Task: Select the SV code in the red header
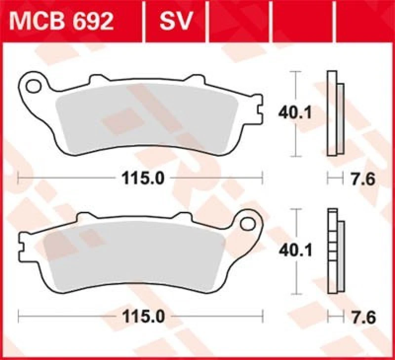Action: point(175,22)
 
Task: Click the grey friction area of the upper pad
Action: point(148,118)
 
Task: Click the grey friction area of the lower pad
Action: point(133,256)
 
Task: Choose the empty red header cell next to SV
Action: point(240,22)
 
